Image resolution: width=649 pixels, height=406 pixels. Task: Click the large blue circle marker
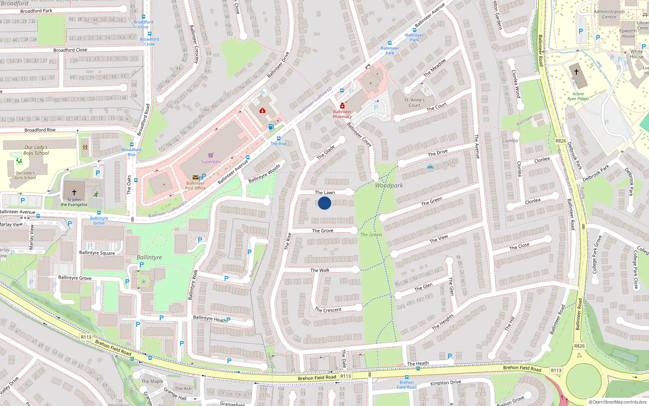[324, 203]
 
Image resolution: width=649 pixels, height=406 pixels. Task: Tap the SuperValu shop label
[211, 162]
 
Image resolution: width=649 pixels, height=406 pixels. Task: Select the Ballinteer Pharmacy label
[342, 114]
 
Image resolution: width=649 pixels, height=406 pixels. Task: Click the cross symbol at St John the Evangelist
[74, 192]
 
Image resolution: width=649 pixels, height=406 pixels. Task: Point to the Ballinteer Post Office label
[196, 186]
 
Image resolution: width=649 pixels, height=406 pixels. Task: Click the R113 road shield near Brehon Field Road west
[86, 337]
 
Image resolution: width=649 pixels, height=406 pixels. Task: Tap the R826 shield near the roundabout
[579, 346]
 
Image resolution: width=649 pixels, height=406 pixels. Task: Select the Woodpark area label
[389, 186]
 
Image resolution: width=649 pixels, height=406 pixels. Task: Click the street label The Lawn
[325, 192]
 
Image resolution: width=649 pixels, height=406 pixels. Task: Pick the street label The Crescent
[328, 310]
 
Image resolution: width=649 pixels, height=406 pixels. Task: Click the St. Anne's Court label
[415, 102]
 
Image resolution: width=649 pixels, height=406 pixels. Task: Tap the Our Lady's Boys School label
[36, 150]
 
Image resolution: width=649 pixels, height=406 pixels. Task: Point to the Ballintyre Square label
[97, 253]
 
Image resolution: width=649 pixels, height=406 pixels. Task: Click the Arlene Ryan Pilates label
[578, 96]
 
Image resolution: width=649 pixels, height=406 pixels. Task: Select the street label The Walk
[320, 270]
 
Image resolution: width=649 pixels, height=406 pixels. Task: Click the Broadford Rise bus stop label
[131, 152]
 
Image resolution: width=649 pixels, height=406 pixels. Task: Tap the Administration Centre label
[609, 14]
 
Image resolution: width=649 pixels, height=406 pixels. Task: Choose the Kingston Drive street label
[445, 382]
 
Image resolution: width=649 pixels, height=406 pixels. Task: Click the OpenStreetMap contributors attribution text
[618, 402]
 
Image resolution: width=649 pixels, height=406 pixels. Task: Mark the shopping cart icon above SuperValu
[211, 155]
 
